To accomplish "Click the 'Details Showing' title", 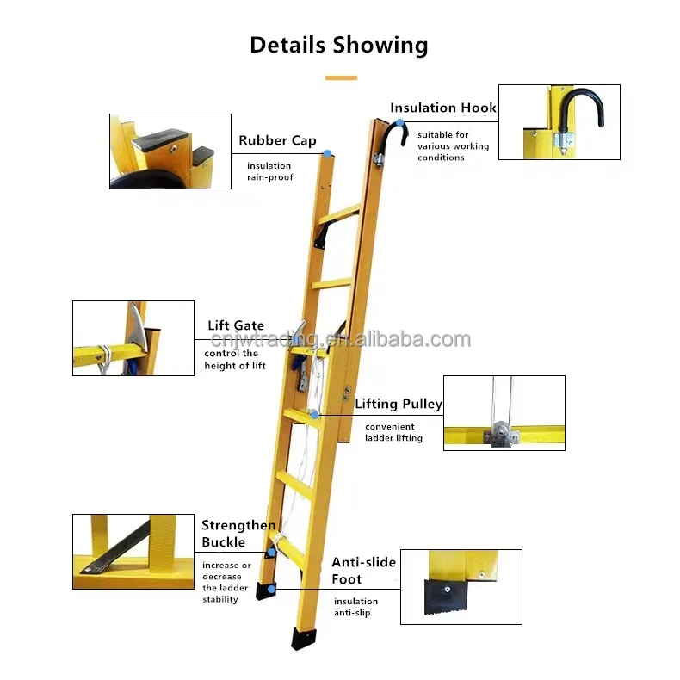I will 339,45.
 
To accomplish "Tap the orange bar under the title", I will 340,77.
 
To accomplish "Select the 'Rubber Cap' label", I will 277,140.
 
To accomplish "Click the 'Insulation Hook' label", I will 443,108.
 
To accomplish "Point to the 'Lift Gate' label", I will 236,325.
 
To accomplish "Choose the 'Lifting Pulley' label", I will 399,403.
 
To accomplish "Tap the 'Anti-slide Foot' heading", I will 364,571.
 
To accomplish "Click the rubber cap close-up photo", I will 170,151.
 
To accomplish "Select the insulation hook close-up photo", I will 559,121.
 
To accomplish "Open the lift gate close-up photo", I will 133,338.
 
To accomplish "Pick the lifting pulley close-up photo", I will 504,412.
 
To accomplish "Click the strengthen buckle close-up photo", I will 133,552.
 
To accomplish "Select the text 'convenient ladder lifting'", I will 393,432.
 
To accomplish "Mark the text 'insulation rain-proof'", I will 269,171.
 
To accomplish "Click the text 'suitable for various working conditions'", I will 453,146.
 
